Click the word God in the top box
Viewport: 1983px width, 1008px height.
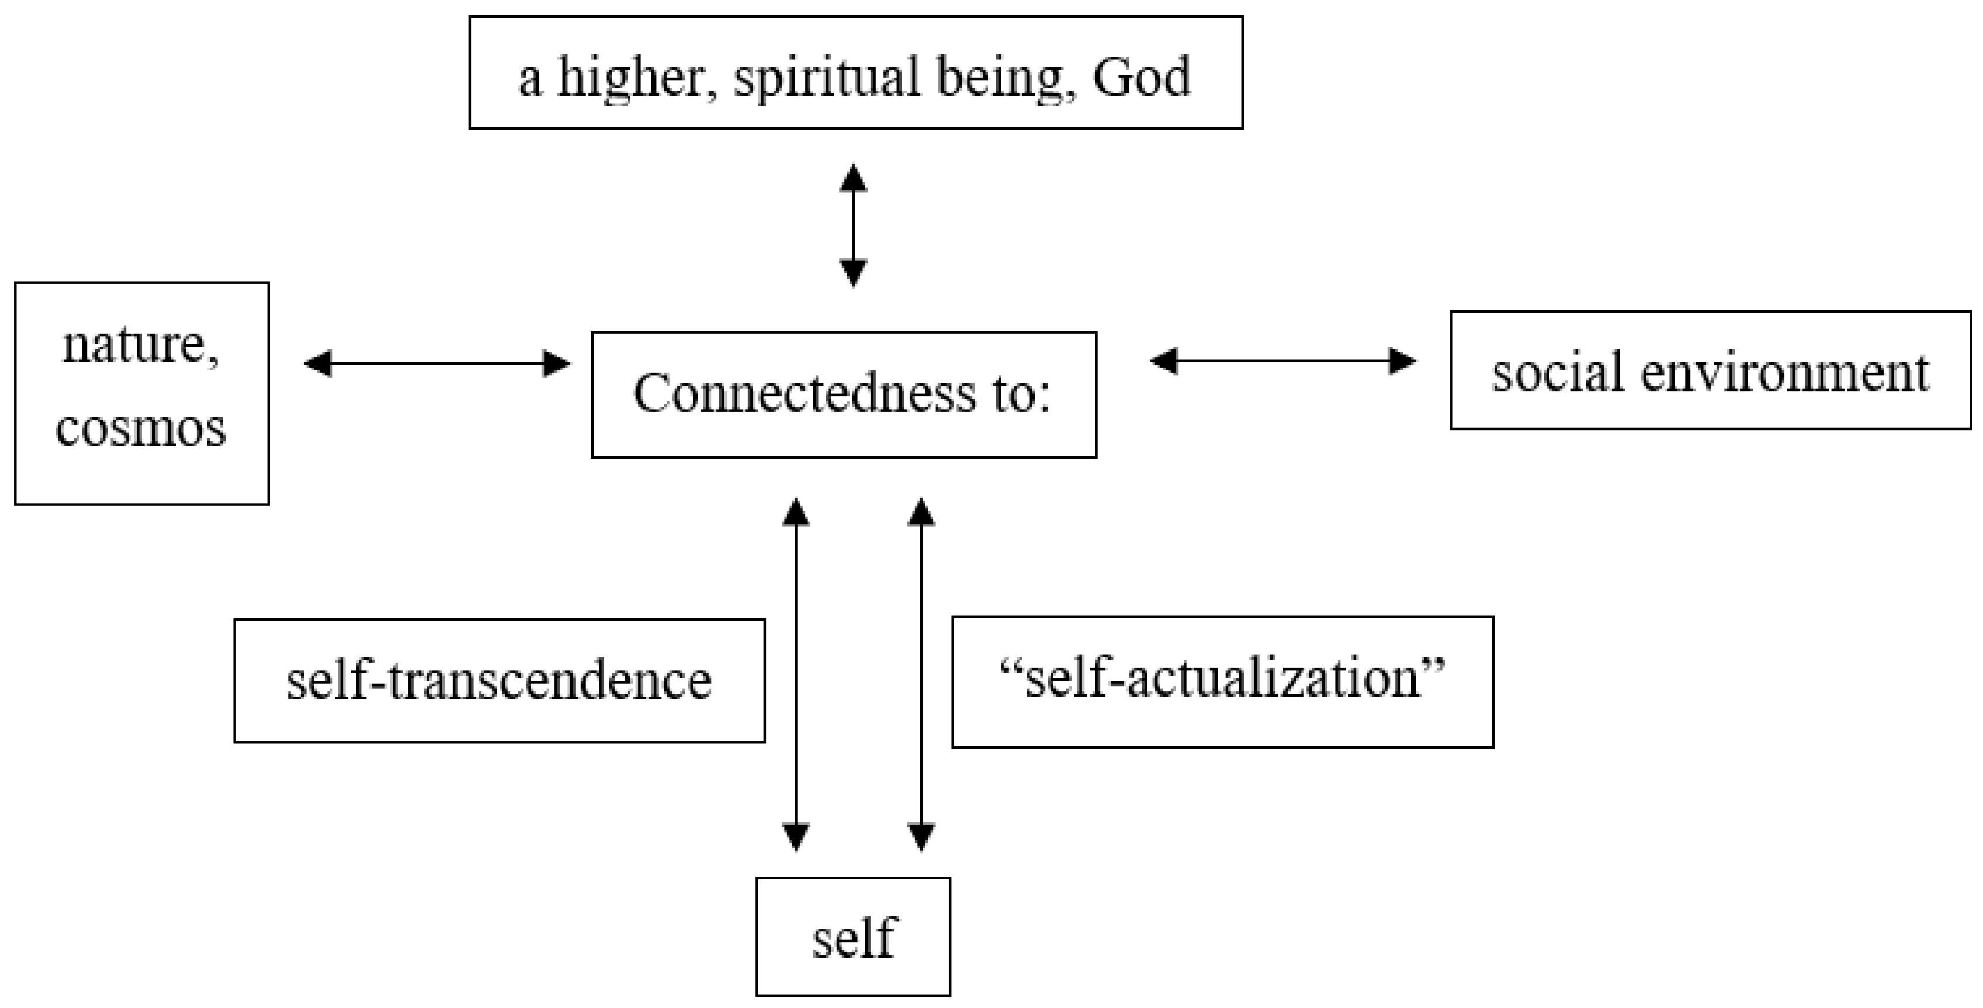click(x=1141, y=78)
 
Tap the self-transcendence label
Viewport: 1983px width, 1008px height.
click(x=499, y=681)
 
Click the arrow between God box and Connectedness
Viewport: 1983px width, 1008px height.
click(x=853, y=225)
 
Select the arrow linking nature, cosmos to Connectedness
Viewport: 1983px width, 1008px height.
click(x=437, y=363)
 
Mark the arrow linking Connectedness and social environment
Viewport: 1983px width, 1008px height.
click(x=1282, y=361)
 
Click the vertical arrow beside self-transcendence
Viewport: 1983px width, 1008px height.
click(x=795, y=674)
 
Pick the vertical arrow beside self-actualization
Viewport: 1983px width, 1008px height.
click(x=921, y=674)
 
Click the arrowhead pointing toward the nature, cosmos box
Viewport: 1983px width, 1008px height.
click(x=318, y=363)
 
